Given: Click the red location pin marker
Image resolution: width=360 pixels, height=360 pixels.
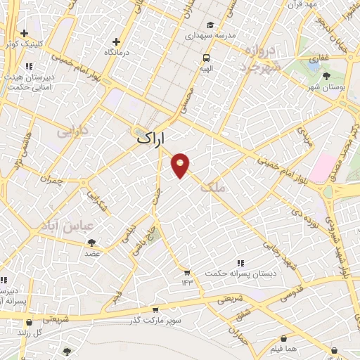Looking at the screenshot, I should [181, 165].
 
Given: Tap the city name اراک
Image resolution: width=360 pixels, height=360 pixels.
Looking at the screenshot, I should [151, 139].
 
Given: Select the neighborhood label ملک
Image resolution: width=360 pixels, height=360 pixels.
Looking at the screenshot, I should [213, 187].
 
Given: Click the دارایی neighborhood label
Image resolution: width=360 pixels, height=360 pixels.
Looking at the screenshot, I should [72, 131].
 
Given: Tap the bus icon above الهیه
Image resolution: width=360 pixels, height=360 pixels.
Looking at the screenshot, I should [206, 58].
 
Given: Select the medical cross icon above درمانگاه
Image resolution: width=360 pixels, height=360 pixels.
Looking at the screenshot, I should [115, 41].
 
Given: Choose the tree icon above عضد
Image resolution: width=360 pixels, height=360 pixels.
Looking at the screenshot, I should [91, 243].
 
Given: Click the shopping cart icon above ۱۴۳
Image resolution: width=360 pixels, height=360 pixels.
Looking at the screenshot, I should [187, 271].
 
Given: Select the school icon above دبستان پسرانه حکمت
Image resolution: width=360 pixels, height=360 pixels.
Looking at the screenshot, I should [241, 262].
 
